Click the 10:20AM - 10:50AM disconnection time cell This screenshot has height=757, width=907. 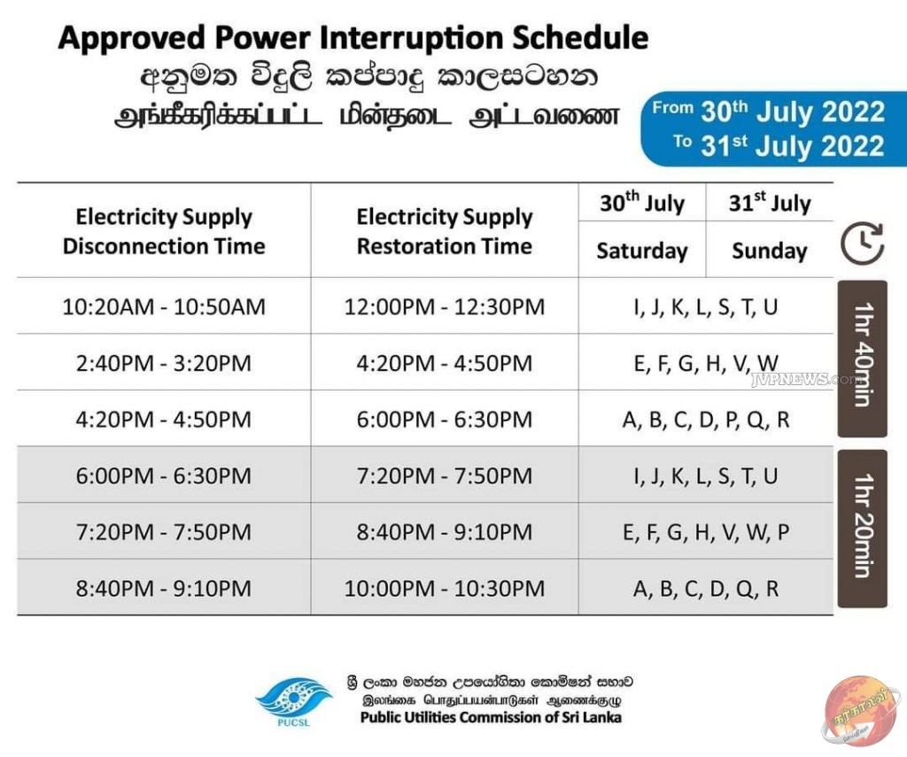(164, 306)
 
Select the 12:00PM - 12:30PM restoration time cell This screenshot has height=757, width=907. (445, 306)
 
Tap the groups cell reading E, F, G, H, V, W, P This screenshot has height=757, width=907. (706, 531)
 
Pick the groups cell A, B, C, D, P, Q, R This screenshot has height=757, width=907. (706, 420)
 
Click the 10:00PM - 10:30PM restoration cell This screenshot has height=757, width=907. (445, 588)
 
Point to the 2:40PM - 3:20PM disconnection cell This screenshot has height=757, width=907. (164, 363)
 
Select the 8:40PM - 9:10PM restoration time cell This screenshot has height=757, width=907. (445, 531)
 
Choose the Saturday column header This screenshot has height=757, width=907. (642, 251)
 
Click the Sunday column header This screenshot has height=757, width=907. (770, 251)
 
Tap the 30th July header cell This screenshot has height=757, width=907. (642, 203)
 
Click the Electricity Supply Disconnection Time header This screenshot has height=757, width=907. (164, 231)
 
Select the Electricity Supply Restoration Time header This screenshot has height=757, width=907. (445, 231)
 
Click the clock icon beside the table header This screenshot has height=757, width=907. (862, 243)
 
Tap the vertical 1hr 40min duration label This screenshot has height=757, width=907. (862, 358)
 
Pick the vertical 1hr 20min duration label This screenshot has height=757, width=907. (862, 528)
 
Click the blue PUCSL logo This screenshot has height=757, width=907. (294, 701)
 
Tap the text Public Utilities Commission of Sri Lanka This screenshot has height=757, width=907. (491, 718)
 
